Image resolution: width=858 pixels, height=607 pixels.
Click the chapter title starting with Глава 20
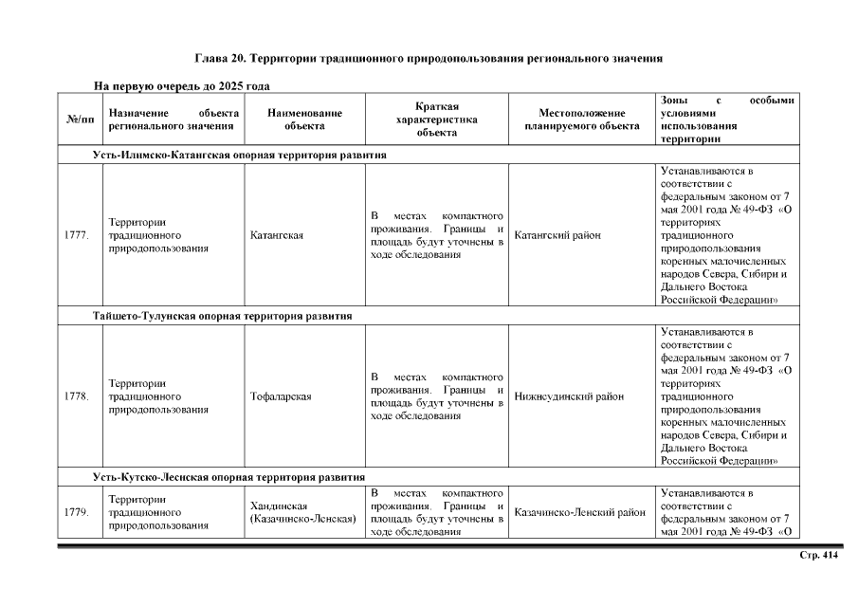tap(428, 58)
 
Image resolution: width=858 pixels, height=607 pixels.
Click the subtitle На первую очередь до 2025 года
tap(182, 86)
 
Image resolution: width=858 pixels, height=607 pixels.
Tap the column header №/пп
tap(81, 120)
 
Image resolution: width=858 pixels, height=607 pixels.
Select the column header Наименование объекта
tap(304, 120)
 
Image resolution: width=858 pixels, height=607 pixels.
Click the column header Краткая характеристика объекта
tap(436, 120)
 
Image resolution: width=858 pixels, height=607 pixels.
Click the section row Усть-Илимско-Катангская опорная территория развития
tap(239, 155)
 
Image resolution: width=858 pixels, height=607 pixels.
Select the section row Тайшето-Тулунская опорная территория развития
tap(223, 316)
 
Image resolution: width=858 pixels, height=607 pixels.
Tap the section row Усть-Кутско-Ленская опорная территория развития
tap(228, 477)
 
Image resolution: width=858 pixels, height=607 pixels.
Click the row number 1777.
tap(78, 236)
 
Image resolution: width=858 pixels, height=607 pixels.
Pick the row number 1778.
tap(78, 396)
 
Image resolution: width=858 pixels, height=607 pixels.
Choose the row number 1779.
tap(78, 513)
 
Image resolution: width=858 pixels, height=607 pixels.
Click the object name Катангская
tap(277, 236)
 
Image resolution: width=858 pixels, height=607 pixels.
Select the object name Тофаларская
tap(281, 396)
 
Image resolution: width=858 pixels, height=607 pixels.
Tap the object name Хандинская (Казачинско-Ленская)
tap(302, 513)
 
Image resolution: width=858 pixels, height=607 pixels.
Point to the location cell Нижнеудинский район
tap(569, 396)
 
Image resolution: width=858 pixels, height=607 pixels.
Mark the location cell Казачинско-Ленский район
tap(579, 513)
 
